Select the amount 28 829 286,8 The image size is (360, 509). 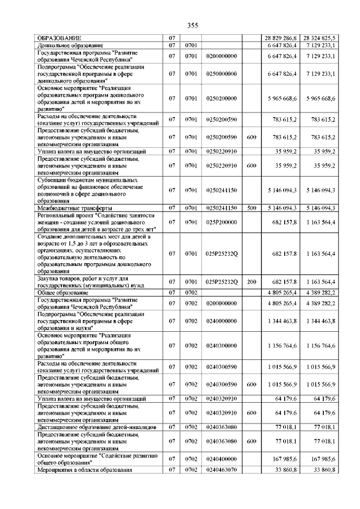[281, 38]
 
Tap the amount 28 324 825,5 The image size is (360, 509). [318, 38]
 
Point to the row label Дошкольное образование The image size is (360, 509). [70, 44]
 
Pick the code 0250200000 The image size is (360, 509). [222, 98]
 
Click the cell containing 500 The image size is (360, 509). [251, 208]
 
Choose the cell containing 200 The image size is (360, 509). [251, 281]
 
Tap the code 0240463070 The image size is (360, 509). [222, 470]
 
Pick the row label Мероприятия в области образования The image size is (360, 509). [84, 470]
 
